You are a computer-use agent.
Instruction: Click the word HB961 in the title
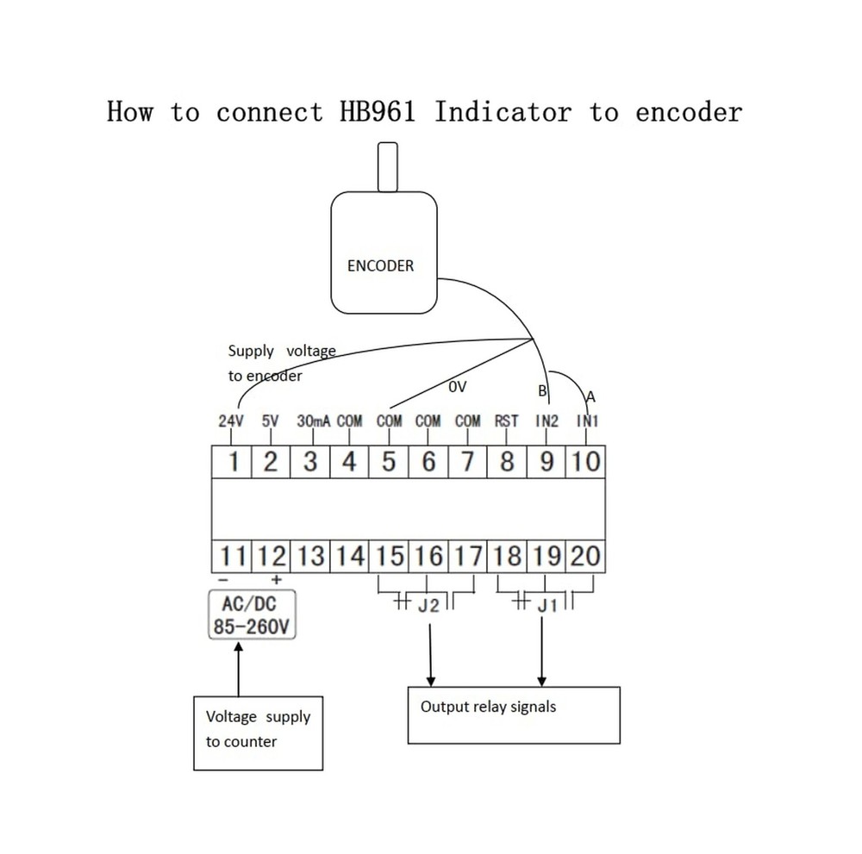[x=378, y=111]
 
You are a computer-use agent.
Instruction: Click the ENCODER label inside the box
[x=380, y=266]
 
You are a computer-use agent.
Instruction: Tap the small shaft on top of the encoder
[x=388, y=167]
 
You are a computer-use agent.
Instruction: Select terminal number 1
[x=233, y=462]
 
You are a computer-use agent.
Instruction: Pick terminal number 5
[x=389, y=462]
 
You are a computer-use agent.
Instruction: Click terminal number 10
[x=586, y=462]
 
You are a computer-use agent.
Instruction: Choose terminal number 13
[x=310, y=556]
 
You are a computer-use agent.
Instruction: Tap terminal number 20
[x=585, y=556]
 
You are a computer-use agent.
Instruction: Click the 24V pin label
[x=231, y=421]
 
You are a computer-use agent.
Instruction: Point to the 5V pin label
[x=271, y=421]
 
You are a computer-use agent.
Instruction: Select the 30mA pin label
[x=314, y=421]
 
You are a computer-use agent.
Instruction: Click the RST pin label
[x=506, y=421]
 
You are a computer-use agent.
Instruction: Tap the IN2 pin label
[x=547, y=421]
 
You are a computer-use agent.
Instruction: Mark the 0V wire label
[x=458, y=387]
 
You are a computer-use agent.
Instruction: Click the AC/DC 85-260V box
[x=252, y=614]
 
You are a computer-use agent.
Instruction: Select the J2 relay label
[x=428, y=606]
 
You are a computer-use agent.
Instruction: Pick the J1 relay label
[x=547, y=606]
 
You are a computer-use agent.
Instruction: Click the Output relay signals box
[x=514, y=715]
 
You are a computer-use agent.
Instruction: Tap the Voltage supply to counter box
[x=258, y=733]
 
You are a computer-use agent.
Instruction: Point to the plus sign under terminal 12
[x=277, y=580]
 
